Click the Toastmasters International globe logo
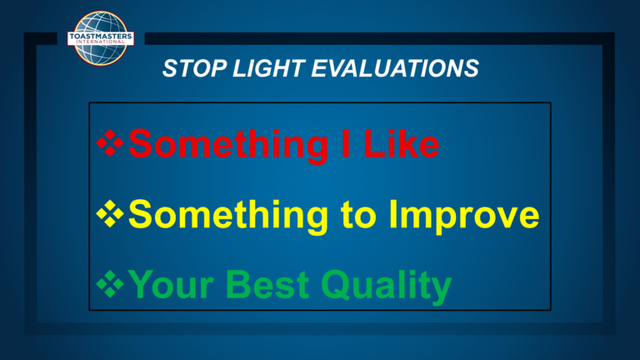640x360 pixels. coord(100,38)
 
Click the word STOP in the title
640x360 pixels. coord(194,68)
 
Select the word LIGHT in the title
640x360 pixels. coord(269,68)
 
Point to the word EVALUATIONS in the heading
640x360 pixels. coord(395,68)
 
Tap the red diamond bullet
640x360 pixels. coord(110,142)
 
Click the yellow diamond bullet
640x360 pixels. coord(110,213)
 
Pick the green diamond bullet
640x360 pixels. coord(110,283)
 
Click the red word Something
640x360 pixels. coord(228,146)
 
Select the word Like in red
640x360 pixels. coord(401,142)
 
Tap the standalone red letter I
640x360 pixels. coord(346,143)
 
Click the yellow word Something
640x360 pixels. coord(228,217)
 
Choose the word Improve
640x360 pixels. coord(464,217)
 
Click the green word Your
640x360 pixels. coord(171,284)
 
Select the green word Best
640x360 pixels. coord(267,284)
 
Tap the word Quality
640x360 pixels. coord(386,287)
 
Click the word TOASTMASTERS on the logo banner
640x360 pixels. coord(100,37)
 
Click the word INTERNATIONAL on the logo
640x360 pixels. coord(100,42)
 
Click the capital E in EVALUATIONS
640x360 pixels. coord(320,68)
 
